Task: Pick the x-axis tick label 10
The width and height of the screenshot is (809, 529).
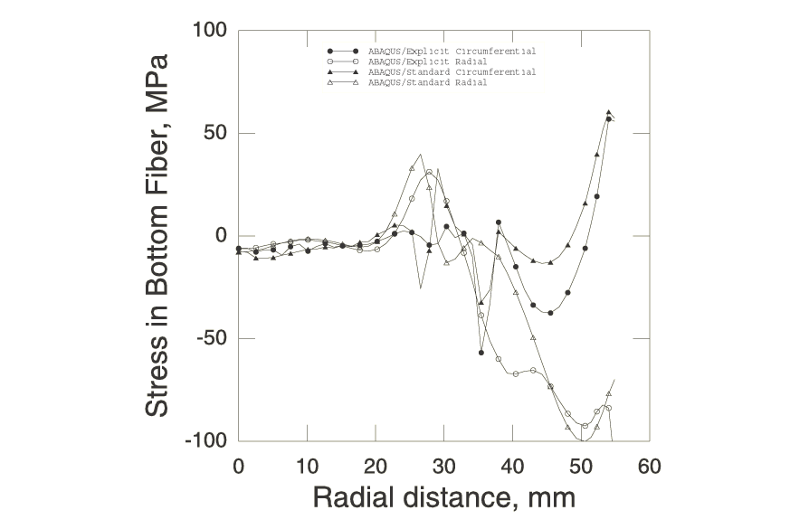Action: [x=307, y=467]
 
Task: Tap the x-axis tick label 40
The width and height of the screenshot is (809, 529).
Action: [x=512, y=467]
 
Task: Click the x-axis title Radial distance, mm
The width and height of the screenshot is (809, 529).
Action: [x=443, y=497]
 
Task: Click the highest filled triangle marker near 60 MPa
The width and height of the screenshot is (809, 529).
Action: [x=609, y=113]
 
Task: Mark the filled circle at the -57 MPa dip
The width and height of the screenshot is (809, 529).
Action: [x=481, y=353]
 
